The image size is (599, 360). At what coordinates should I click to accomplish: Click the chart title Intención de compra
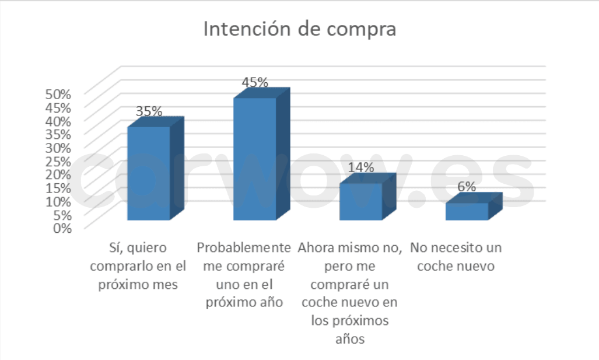click(299, 29)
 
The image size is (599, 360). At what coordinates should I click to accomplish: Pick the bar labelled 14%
click(361, 201)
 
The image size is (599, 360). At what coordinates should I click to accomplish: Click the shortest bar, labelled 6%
click(467, 211)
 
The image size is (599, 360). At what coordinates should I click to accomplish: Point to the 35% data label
click(149, 111)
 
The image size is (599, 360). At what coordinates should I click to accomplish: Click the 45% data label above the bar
click(255, 82)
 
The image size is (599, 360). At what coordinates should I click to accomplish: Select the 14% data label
click(361, 167)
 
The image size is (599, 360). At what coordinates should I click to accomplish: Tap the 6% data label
click(467, 187)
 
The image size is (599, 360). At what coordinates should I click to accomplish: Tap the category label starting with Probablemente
click(243, 275)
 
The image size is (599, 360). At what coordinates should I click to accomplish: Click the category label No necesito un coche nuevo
click(456, 257)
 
